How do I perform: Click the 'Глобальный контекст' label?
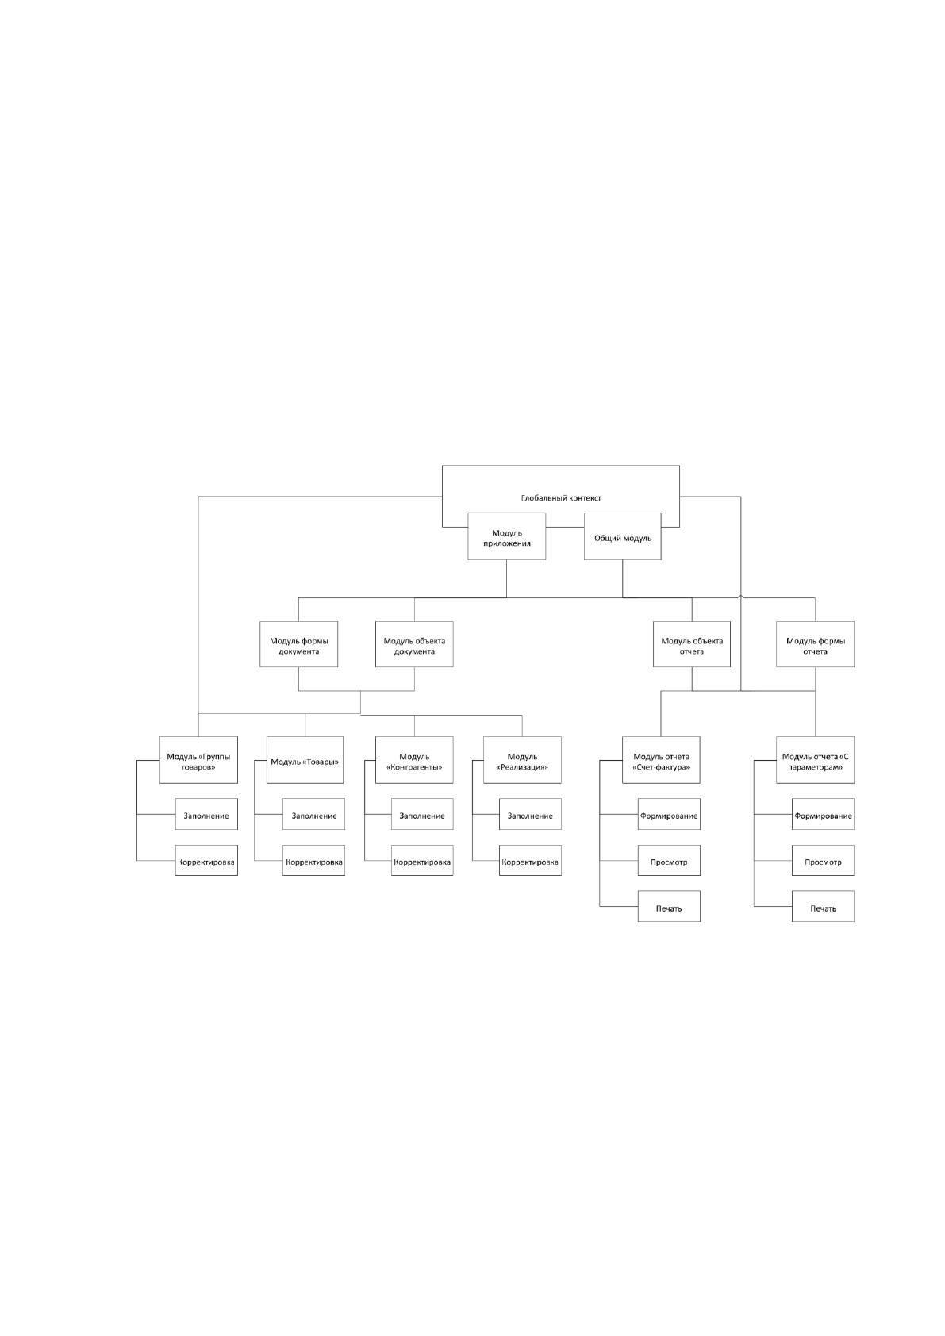coord(561,498)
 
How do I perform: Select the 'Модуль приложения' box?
coord(506,536)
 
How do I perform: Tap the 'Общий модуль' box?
coord(622,536)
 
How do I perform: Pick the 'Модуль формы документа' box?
coord(298,644)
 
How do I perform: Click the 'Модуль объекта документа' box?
coord(414,644)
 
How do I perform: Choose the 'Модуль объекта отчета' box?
coord(691,644)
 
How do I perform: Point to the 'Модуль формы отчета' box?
coord(815,644)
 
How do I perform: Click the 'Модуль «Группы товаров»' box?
coord(198,760)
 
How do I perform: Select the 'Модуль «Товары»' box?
coord(305,760)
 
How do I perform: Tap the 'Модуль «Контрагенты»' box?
coord(414,760)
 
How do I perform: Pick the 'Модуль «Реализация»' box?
coord(522,760)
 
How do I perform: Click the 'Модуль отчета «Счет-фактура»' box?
coord(661,760)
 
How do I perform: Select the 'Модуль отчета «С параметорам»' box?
coord(815,760)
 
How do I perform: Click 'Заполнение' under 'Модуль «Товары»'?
coord(313,814)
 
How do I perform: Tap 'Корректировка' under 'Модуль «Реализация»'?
coord(530,860)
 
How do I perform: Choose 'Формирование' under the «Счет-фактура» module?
coord(669,814)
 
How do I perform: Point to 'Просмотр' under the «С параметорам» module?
coord(823,860)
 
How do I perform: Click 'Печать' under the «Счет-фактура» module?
coord(669,907)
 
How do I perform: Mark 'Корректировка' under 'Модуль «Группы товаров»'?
coord(206,860)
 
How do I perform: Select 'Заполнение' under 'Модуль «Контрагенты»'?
coord(422,814)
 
